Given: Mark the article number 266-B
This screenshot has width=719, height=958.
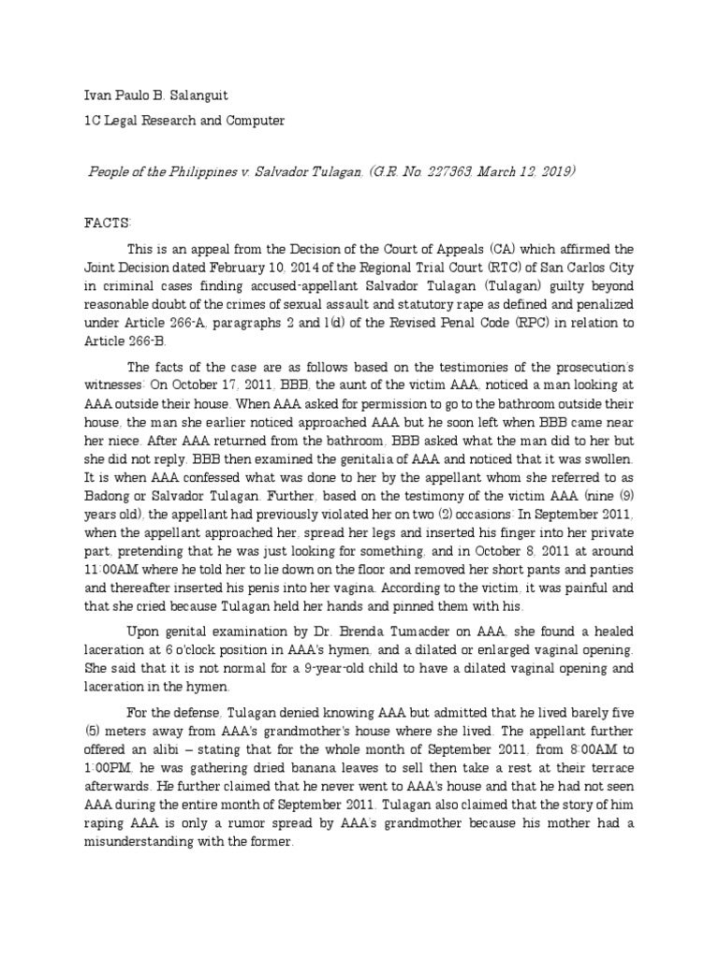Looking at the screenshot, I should (135, 342).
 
